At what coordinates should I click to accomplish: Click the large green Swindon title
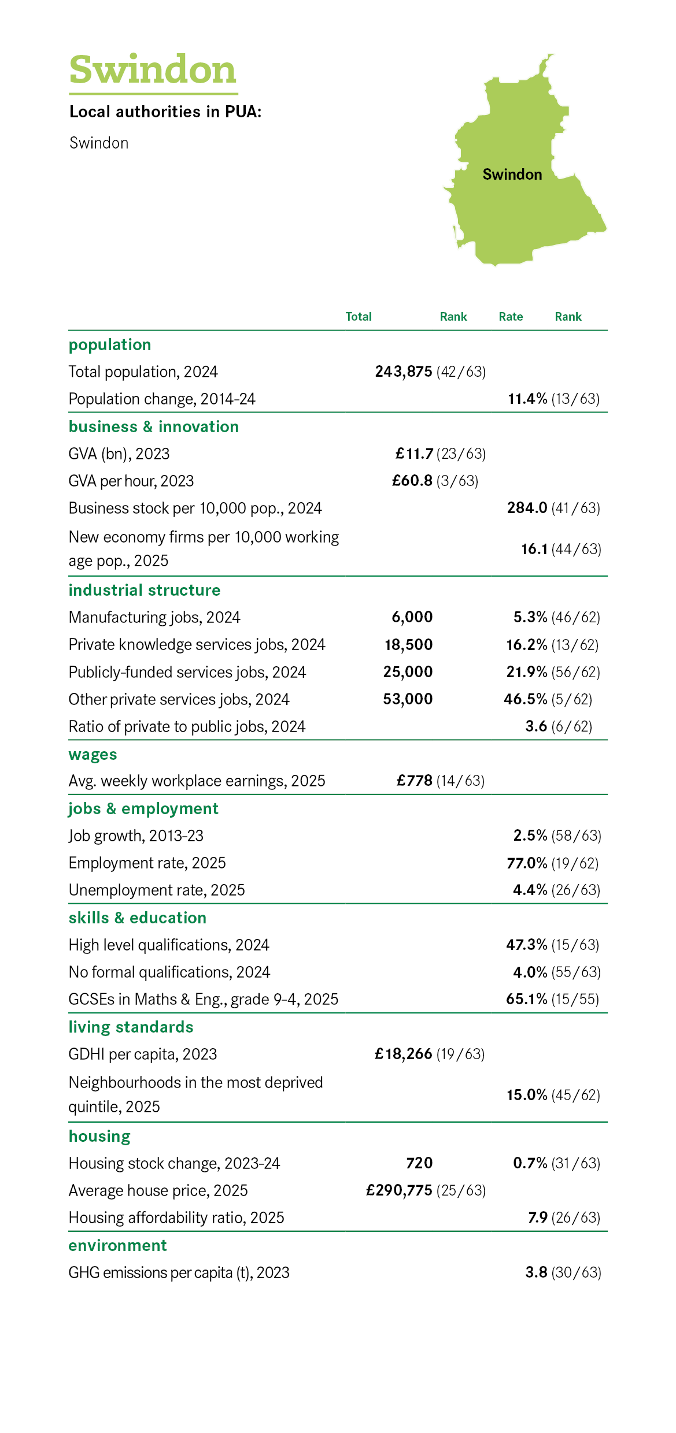coord(153,70)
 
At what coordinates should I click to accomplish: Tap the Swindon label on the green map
coord(512,175)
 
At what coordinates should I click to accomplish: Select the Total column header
coord(359,317)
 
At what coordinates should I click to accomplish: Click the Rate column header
coord(511,317)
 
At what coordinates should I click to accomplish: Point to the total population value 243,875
coord(404,372)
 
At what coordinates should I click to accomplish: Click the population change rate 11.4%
coord(527,399)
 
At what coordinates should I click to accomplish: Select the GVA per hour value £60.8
coord(412,481)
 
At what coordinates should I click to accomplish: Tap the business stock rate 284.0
coord(527,508)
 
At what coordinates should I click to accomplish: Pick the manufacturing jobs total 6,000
coord(412,617)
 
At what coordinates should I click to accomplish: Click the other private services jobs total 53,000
coord(408,699)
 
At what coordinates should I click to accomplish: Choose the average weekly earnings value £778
coord(415,781)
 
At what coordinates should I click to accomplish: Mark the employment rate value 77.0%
coord(527,863)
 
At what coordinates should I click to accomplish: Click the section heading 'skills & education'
coord(138,918)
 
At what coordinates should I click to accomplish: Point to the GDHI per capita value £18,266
coord(404,1054)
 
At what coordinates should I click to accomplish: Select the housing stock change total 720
coord(419,1163)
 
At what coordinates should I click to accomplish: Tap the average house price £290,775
coord(399,1190)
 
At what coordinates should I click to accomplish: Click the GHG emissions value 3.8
coord(537,1272)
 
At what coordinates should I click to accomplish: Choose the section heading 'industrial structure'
coord(145,590)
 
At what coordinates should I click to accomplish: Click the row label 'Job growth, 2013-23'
coord(136,836)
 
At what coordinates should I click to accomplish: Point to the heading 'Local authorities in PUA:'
coord(165,112)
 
